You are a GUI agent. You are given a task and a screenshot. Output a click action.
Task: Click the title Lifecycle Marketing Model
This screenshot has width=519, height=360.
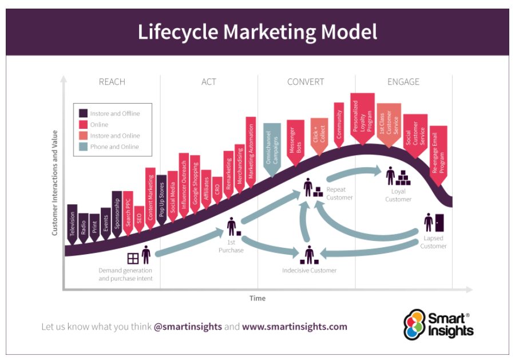[257, 31]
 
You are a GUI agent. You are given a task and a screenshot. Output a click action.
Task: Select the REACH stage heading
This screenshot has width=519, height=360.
[112, 82]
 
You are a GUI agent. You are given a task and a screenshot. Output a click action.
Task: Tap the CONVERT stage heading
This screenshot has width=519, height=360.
[306, 82]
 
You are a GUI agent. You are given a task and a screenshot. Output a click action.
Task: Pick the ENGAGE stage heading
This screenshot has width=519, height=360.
[403, 82]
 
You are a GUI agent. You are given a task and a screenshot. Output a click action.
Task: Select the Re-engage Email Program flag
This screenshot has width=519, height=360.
[438, 155]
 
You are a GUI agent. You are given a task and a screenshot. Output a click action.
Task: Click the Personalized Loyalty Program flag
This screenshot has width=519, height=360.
[362, 117]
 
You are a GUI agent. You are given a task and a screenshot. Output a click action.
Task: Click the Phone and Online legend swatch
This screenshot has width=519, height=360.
[83, 147]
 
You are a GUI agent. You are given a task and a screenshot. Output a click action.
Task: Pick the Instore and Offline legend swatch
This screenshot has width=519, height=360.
[83, 113]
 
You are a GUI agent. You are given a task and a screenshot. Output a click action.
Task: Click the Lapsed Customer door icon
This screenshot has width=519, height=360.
[439, 222]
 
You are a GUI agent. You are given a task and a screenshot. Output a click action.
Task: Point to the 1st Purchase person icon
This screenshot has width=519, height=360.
[231, 227]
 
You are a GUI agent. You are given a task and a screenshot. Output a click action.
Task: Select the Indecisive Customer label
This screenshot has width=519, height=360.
[310, 270]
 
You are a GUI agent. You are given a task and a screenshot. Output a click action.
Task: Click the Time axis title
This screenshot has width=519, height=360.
[257, 298]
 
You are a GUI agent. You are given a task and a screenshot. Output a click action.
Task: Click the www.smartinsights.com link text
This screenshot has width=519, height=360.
[295, 327]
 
